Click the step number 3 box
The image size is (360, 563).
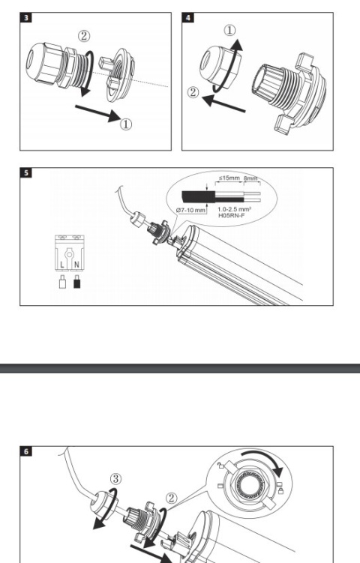25,17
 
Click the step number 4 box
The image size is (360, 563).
188,17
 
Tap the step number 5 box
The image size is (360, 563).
25,172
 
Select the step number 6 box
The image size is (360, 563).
25,451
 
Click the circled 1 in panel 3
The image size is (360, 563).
126,124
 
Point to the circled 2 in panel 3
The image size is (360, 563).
84,36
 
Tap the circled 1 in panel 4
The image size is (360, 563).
230,30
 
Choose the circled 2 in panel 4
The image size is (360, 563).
193,92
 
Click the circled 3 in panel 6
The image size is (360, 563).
115,478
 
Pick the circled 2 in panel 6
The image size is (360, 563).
172,498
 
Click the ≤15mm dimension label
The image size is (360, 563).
229,178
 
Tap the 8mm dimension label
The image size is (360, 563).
250,178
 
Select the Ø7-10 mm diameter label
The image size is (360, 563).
191,210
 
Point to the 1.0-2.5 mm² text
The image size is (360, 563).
234,209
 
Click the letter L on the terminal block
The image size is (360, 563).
62,265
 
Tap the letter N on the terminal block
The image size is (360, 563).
76,265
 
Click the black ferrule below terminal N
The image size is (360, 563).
76,282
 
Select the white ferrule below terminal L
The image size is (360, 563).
62,282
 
